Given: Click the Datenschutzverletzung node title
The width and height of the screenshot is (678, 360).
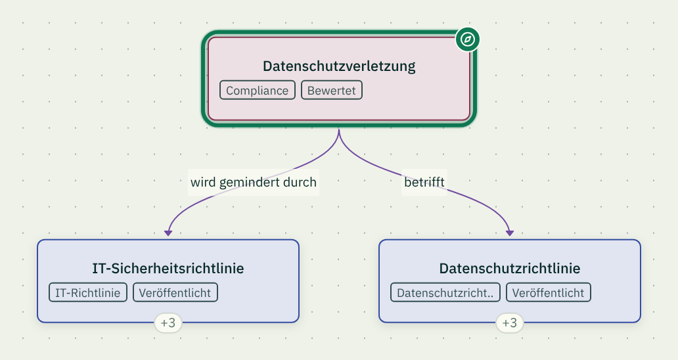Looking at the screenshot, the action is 339,66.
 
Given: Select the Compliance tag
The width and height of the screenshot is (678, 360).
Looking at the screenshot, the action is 258,90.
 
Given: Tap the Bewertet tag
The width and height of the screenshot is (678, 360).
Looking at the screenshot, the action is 332,90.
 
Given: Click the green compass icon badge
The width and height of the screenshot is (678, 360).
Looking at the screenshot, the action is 467,39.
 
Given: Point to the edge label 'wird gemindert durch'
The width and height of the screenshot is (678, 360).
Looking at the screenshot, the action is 254,183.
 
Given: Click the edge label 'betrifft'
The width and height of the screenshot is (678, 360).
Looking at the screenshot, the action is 424,183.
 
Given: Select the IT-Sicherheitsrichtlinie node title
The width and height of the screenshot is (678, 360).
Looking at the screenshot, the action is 168,269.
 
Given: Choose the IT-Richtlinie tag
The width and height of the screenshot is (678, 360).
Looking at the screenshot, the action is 88,292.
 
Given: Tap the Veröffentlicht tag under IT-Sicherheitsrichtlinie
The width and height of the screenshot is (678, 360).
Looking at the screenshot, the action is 175,292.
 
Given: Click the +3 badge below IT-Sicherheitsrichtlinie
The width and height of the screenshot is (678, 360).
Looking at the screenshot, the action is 168,323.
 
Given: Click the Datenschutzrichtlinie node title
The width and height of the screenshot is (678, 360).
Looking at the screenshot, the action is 510,269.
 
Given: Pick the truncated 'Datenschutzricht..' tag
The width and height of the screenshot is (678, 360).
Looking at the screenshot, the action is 445,292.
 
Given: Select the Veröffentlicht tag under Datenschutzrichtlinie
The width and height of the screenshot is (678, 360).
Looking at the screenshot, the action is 549,292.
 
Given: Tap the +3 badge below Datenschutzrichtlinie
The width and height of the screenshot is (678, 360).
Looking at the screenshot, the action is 510,323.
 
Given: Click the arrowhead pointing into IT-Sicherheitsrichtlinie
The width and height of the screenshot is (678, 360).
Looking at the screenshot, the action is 168,233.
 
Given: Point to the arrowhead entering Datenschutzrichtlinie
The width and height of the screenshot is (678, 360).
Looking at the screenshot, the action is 510,233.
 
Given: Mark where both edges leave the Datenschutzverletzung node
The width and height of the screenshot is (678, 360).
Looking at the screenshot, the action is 339,129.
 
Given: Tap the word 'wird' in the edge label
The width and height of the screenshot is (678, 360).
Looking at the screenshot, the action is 203,182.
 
